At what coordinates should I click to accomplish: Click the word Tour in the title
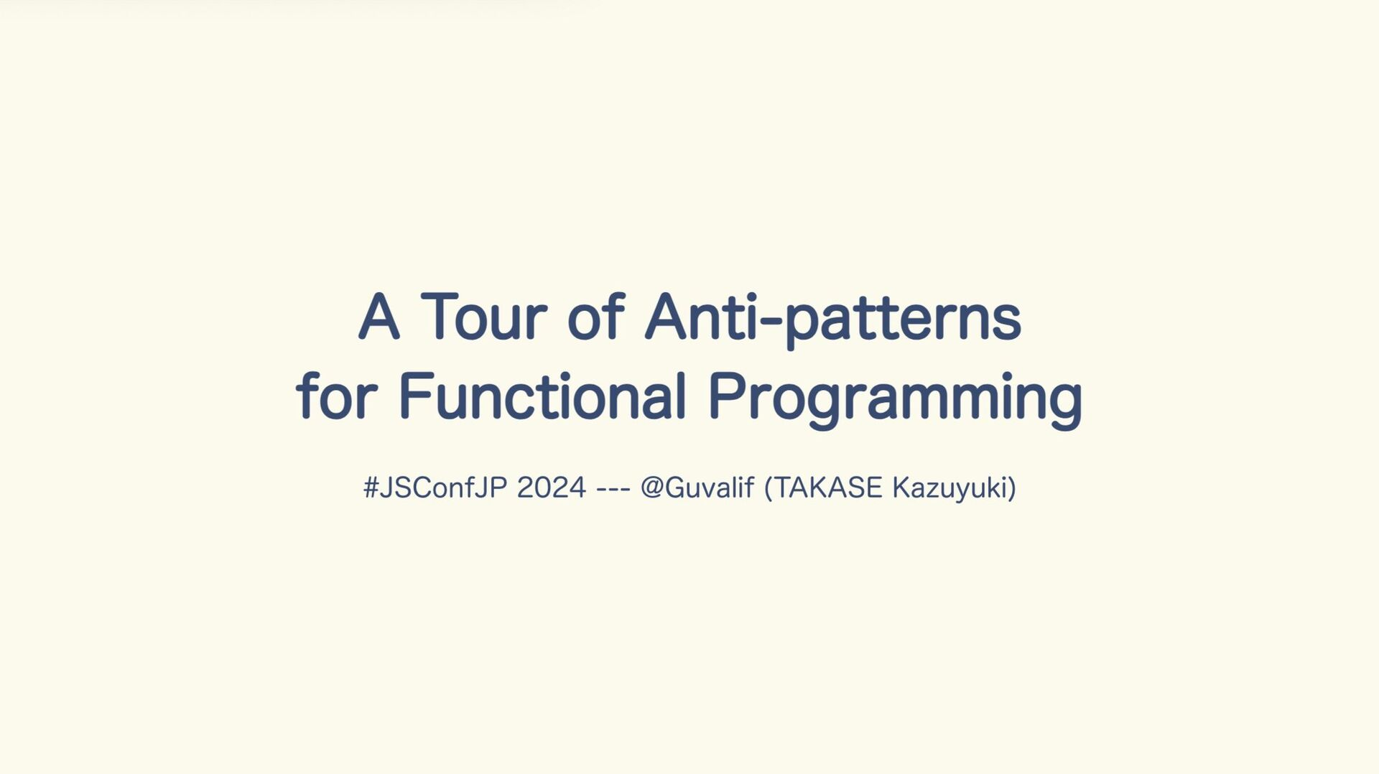(484, 316)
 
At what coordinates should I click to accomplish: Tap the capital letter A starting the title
(379, 316)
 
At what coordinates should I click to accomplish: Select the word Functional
(543, 395)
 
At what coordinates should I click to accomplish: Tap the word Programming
(895, 399)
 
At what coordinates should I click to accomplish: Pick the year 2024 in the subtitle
(552, 488)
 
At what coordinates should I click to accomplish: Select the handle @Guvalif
(697, 488)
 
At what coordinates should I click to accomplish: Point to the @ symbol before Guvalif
(652, 489)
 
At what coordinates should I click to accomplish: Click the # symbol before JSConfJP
(371, 488)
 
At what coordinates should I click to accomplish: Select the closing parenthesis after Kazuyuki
(1012, 489)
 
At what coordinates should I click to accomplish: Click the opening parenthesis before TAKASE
(769, 489)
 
